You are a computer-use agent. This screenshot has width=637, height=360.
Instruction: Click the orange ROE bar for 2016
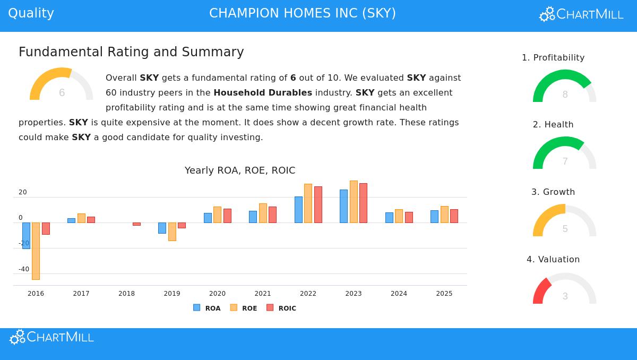[x=36, y=251]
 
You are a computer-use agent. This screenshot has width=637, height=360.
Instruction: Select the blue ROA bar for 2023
[x=343, y=206]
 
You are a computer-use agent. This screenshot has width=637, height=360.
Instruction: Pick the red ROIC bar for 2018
[x=136, y=224]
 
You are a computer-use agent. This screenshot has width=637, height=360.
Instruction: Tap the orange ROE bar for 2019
[x=172, y=232]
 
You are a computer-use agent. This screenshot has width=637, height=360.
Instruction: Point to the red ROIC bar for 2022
[x=318, y=204]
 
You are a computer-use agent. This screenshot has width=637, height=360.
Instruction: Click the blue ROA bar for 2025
[x=434, y=217]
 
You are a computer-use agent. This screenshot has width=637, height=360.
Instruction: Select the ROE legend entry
[x=244, y=308]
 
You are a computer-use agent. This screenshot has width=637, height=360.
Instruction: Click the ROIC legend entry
[x=281, y=308]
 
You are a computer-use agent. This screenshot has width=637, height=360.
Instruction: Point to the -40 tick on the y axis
[x=24, y=269]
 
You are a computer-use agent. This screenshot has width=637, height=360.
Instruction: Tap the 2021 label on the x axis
[x=263, y=294]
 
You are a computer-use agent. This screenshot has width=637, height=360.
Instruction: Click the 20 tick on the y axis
[x=23, y=192]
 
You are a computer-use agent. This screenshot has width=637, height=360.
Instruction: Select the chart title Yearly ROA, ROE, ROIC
[x=240, y=170]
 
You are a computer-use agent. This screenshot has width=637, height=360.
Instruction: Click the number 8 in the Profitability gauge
[x=565, y=95]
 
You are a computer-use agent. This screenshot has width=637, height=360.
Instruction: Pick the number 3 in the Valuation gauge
[x=565, y=296]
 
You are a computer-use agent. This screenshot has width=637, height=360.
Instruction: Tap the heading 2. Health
[x=553, y=125]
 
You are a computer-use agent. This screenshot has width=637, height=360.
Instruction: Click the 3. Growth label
[x=553, y=192]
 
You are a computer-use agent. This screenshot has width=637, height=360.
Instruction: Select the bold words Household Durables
[x=263, y=93]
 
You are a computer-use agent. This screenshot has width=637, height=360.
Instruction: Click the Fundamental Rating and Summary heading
[x=131, y=52]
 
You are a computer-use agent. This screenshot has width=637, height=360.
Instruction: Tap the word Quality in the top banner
[x=31, y=13]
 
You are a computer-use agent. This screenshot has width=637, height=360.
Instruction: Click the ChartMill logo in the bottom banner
[x=52, y=337]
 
